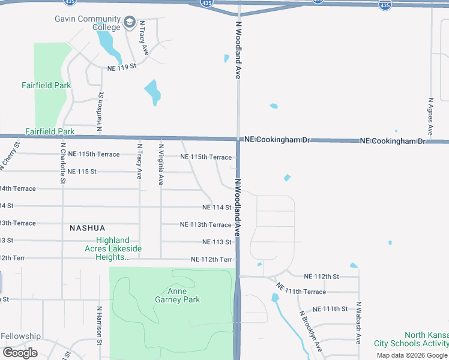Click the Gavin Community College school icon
pos(129,23)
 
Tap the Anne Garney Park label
pos(177,295)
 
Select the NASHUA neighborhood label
pos(87,228)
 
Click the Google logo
pos(20,353)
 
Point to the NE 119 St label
pos(122,68)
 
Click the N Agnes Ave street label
pos(430,116)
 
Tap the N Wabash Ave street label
pos(358,322)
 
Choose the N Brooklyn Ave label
pos(310,331)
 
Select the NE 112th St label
pos(321,277)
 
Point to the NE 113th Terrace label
pos(206,224)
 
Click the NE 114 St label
pos(217,208)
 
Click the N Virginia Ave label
pos(161,163)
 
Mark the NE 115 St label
pos(82,172)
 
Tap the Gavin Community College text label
pos(88,23)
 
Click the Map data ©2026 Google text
pos(412,355)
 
